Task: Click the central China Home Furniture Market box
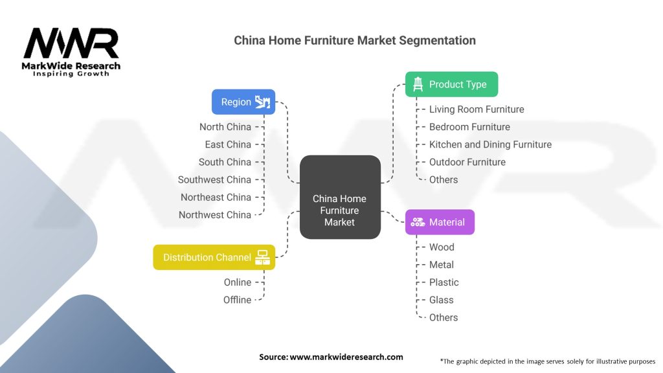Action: click(x=340, y=197)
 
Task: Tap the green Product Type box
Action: click(x=451, y=84)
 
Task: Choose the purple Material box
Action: click(x=440, y=222)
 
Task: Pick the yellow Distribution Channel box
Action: click(x=214, y=257)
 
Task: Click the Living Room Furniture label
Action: click(x=477, y=109)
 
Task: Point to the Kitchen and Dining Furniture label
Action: click(x=490, y=144)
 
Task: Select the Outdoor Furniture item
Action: click(x=467, y=162)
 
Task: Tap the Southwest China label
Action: click(x=214, y=179)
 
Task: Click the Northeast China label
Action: click(x=216, y=197)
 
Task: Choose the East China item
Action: click(x=228, y=144)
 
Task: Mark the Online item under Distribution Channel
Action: click(x=238, y=282)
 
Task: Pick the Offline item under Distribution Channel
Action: click(x=237, y=300)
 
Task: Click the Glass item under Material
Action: click(x=442, y=300)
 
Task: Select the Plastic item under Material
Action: click(x=444, y=282)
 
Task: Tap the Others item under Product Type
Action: click(x=444, y=179)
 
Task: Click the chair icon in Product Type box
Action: click(x=418, y=84)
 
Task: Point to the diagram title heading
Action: click(x=355, y=40)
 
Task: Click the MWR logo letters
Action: click(x=71, y=44)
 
